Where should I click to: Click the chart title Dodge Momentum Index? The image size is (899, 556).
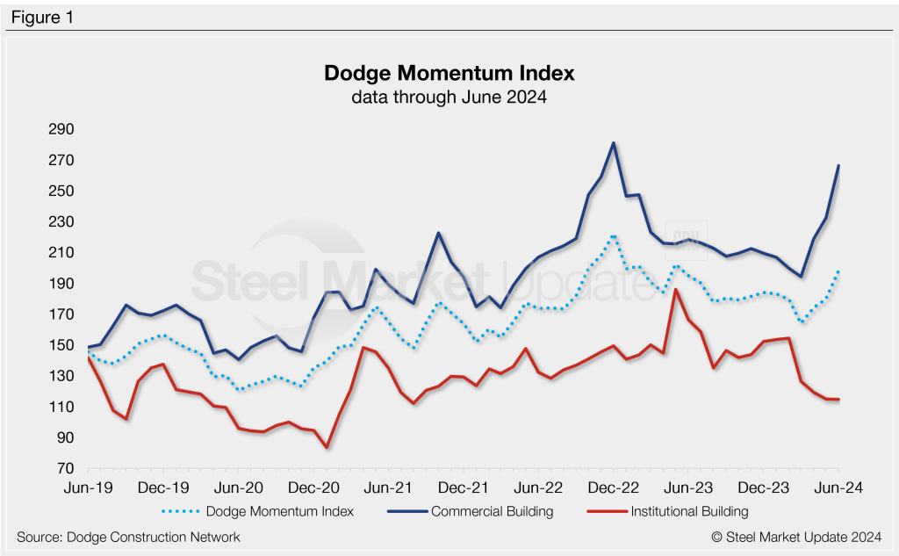[449, 72]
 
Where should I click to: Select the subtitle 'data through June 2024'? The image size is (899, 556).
[449, 97]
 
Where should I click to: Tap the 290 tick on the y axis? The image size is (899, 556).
[61, 130]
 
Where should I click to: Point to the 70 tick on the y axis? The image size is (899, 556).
[65, 468]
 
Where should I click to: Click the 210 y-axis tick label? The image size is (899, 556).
[61, 253]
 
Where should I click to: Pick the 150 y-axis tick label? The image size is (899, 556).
[61, 345]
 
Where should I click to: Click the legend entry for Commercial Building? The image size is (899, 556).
[492, 511]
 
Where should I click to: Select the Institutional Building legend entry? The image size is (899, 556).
[689, 511]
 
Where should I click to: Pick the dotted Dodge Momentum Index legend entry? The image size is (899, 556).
[278, 511]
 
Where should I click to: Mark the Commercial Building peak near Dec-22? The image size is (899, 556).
[613, 143]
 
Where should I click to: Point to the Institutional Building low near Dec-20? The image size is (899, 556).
[327, 447]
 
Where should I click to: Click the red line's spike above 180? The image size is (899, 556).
[675, 290]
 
